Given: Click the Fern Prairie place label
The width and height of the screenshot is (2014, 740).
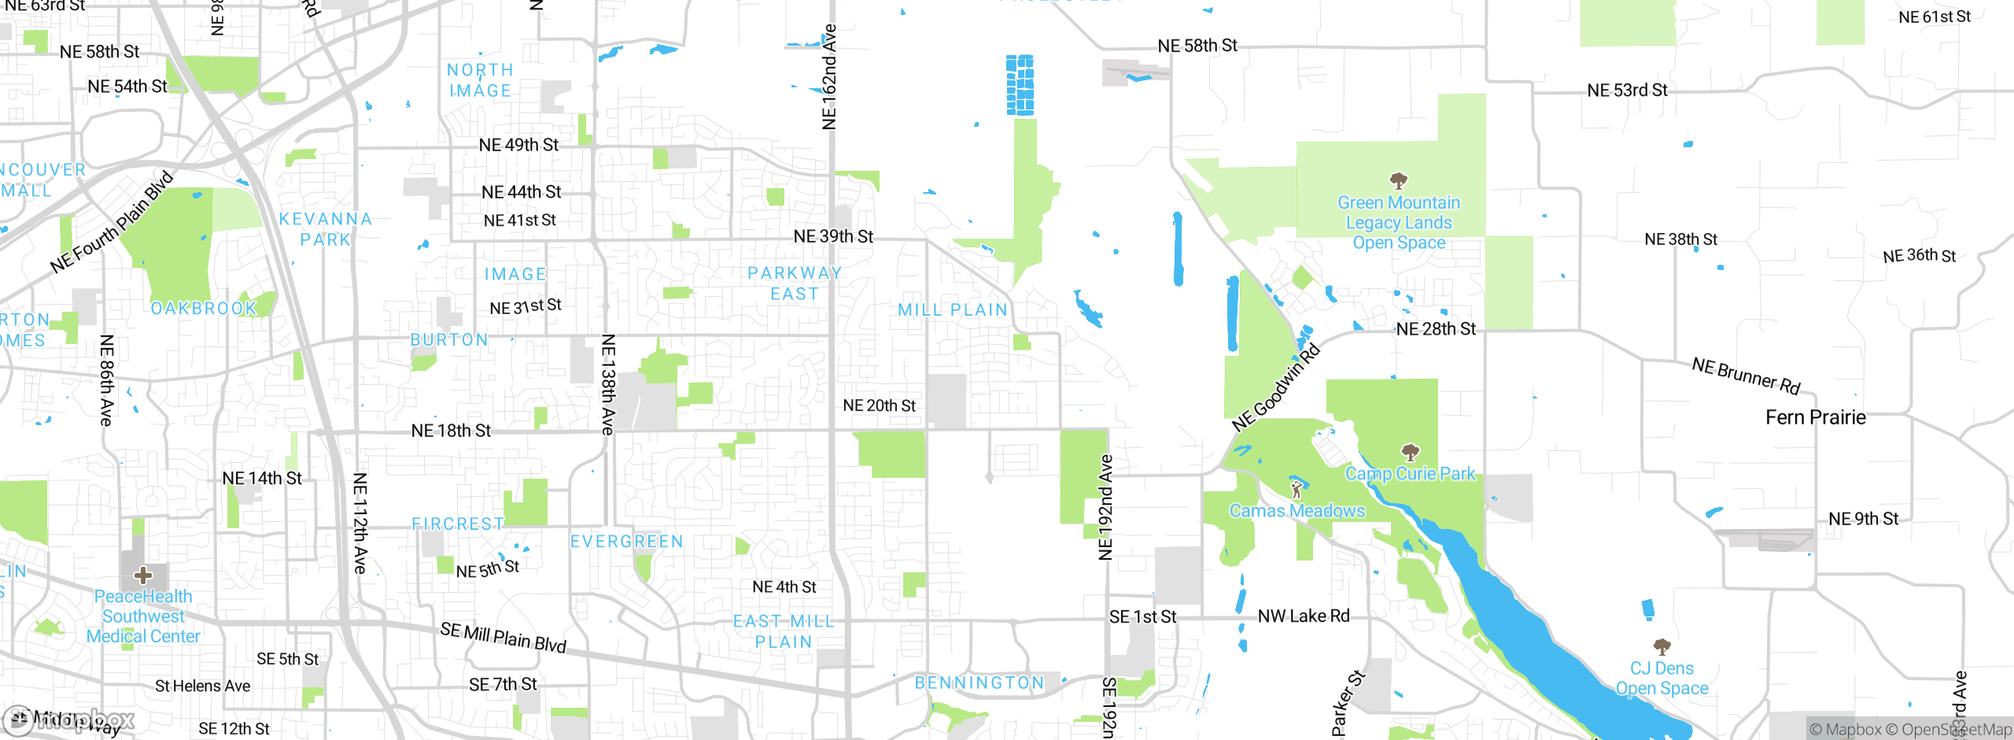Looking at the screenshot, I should tap(1815, 417).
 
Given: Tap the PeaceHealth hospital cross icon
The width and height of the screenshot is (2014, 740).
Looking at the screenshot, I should tap(143, 575).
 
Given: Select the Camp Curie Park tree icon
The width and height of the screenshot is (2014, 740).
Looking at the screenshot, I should tap(1410, 452).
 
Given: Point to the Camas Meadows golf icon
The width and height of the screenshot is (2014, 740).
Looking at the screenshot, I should tap(1297, 490).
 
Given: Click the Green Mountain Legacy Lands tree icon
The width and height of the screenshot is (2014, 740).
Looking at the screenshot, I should tap(1398, 181).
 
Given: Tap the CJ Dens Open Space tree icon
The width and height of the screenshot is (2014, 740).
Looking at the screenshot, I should tap(1662, 647).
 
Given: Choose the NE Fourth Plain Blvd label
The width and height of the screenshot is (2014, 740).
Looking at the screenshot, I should tap(111, 223).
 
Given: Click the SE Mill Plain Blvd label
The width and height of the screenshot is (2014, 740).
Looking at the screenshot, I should tap(503, 637).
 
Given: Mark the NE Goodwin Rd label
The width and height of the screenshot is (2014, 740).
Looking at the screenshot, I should tap(1275, 388).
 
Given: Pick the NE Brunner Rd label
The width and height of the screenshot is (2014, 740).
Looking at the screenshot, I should tap(1746, 376).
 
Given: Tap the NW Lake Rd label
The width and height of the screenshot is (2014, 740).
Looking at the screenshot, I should tap(1303, 616).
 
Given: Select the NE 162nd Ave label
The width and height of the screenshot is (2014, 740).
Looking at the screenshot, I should tap(829, 77).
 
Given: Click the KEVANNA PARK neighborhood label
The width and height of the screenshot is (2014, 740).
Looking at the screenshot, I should tap(326, 229).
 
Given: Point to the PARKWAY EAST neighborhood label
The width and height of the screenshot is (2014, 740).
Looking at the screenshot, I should tap(795, 283).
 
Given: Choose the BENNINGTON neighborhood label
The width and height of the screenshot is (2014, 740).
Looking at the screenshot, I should tap(979, 683).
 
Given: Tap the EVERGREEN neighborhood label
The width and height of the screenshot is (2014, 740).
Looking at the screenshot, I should tap(626, 542).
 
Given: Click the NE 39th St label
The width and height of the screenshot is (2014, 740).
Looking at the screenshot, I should tap(833, 236).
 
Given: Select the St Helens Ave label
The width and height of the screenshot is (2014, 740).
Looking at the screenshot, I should tap(203, 686).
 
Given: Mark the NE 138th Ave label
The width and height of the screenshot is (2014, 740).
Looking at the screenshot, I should tap(607, 384).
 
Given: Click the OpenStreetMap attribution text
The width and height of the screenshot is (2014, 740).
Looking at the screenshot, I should tap(1956, 730).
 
